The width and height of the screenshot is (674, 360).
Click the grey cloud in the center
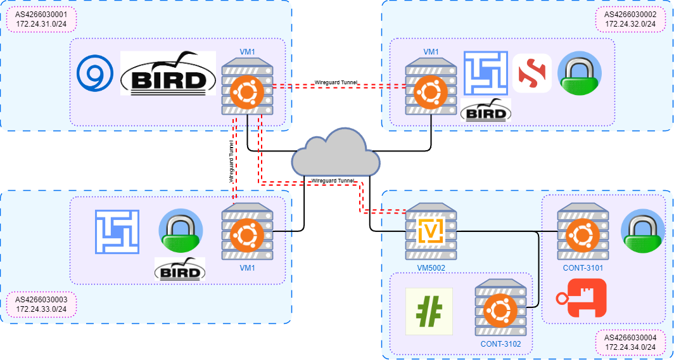(336, 155)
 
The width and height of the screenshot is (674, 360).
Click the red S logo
(531, 74)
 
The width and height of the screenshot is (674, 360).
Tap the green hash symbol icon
(429, 311)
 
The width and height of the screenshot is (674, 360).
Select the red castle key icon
(581, 298)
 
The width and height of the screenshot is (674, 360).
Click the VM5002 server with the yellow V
(431, 232)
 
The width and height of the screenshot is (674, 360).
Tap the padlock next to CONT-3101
(642, 231)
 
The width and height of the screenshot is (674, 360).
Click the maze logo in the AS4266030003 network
(117, 232)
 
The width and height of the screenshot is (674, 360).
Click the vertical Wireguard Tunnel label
(231, 162)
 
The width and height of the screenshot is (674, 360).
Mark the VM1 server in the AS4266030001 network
(247, 89)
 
